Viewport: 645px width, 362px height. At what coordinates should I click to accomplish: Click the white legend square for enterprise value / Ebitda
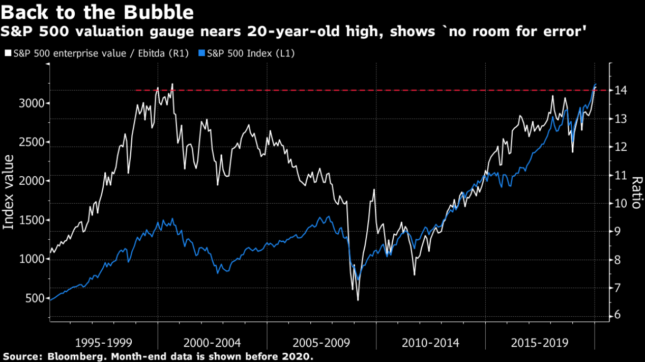(x=7, y=53)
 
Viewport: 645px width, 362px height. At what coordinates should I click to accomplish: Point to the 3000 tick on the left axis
(x=35, y=103)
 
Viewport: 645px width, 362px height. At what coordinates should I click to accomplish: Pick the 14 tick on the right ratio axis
(x=621, y=91)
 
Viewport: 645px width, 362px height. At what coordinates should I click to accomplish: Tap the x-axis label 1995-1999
(x=103, y=342)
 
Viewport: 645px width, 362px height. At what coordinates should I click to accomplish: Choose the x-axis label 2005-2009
(x=321, y=342)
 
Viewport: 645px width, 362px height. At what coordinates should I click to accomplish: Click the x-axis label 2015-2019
(x=540, y=342)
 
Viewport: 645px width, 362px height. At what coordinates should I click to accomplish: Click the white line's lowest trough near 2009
(x=358, y=300)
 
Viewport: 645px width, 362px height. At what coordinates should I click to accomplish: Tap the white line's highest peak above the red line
(x=172, y=84)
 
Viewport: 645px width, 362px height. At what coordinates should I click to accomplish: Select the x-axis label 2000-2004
(x=212, y=342)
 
